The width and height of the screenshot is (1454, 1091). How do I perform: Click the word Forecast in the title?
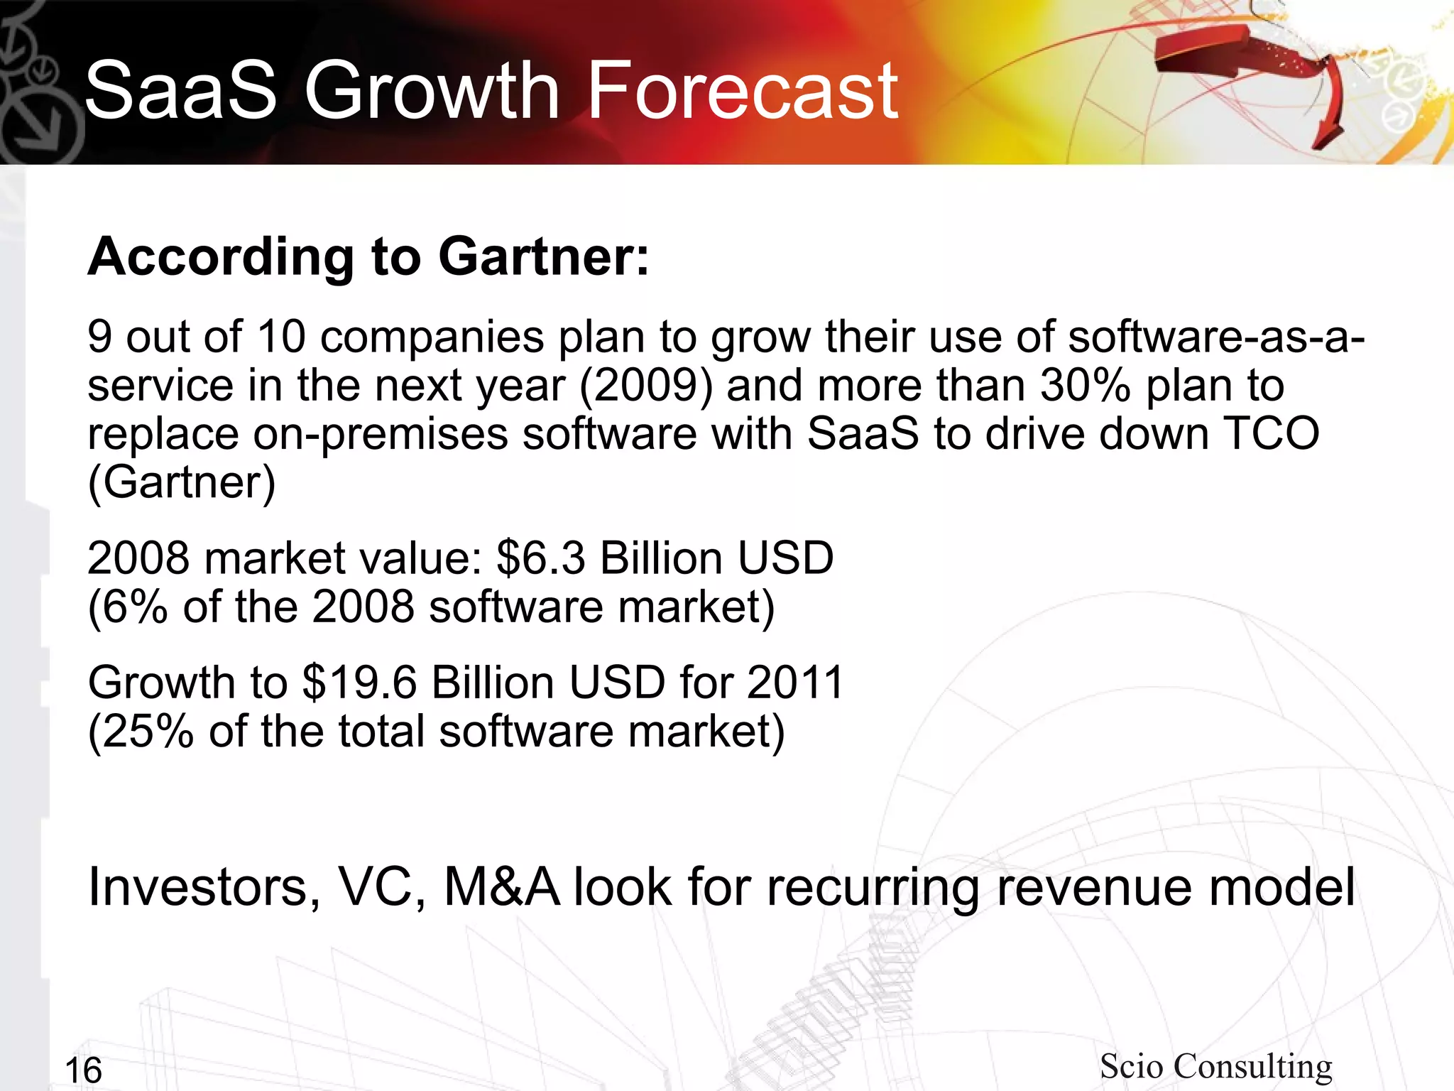pyautogui.click(x=743, y=91)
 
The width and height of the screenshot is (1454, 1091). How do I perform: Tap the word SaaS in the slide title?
pyautogui.click(x=180, y=91)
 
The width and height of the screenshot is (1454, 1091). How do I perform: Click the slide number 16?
pyautogui.click(x=83, y=1070)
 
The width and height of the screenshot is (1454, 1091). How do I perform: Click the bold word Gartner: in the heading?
pyautogui.click(x=544, y=256)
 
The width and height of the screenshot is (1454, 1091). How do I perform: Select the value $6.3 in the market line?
pyautogui.click(x=541, y=558)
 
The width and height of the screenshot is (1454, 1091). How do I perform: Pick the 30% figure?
pyautogui.click(x=1086, y=386)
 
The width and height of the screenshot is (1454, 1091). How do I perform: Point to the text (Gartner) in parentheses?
pyautogui.click(x=182, y=483)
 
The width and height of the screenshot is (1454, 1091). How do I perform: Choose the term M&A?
pyautogui.click(x=501, y=887)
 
